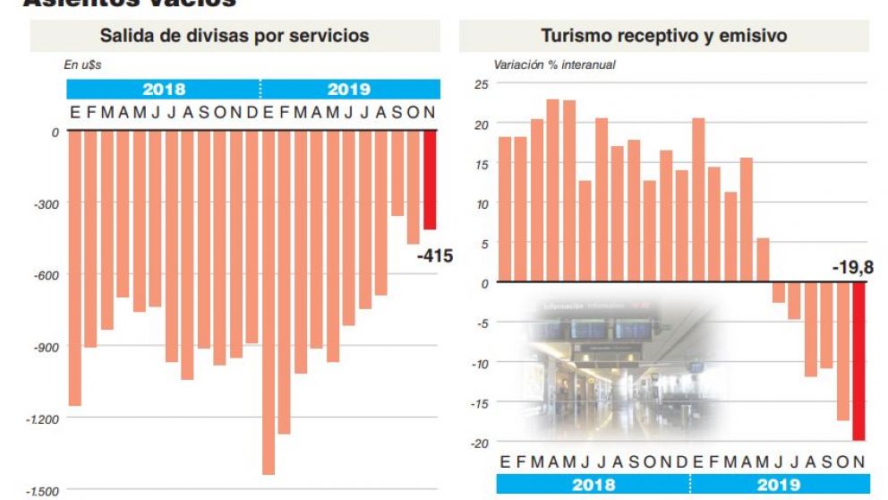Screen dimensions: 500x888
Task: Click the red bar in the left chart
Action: pyautogui.click(x=430, y=180)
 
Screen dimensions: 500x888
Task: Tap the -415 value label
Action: pyautogui.click(x=435, y=256)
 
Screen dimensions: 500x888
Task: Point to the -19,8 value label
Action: pyautogui.click(x=850, y=267)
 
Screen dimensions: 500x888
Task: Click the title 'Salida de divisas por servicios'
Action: pyautogui.click(x=235, y=36)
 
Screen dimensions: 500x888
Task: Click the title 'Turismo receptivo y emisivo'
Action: pyautogui.click(x=663, y=36)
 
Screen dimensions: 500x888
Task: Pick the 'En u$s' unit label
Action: pyautogui.click(x=82, y=65)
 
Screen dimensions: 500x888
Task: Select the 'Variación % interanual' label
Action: pyautogui.click(x=554, y=65)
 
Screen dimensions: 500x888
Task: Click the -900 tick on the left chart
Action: pyautogui.click(x=46, y=347)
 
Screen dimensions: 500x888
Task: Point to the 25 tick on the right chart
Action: pyautogui.click(x=481, y=85)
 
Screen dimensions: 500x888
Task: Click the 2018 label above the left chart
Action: pyautogui.click(x=164, y=90)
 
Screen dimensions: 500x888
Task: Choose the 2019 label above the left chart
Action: pyautogui.click(x=348, y=90)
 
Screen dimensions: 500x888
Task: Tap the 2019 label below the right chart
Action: pyautogui.click(x=778, y=485)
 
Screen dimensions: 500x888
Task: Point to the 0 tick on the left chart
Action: pyautogui.click(x=55, y=132)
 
